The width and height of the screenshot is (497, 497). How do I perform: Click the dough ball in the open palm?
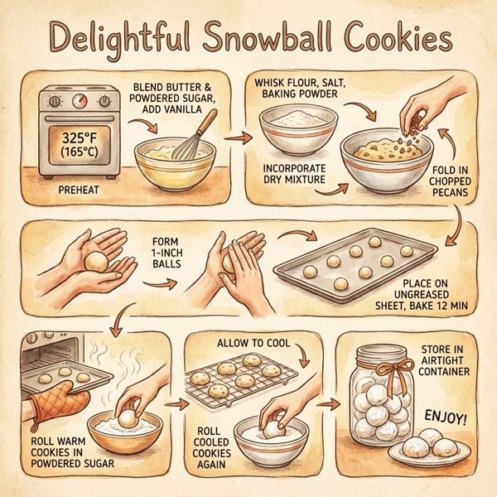click(x=95, y=262)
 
